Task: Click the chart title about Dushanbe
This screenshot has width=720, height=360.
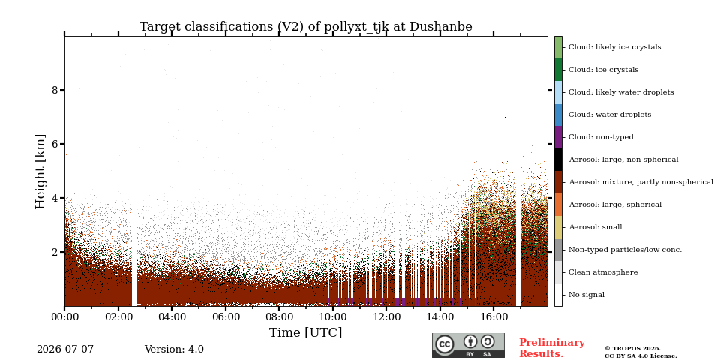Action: click(x=306, y=27)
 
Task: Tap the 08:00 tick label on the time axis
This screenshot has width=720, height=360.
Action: click(x=279, y=316)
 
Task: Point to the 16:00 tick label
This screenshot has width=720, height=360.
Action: click(x=493, y=316)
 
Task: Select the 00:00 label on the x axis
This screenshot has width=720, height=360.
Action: click(x=64, y=316)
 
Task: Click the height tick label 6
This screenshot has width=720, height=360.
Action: click(x=55, y=144)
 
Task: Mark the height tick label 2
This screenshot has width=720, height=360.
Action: click(x=55, y=252)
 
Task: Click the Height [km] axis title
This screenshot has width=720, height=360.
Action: click(x=40, y=172)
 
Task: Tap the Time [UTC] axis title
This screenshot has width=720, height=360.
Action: click(x=306, y=332)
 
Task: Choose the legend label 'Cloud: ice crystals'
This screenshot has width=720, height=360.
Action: click(x=603, y=70)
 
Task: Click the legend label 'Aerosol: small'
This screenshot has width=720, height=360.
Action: click(x=595, y=227)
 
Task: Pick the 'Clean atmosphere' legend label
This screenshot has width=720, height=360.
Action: click(x=603, y=272)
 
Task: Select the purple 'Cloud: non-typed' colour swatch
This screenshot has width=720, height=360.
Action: click(x=558, y=137)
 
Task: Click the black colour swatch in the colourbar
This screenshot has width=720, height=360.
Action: click(x=558, y=160)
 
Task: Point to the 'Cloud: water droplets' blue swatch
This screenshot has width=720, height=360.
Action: click(x=558, y=115)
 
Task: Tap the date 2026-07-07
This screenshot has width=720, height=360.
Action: click(x=65, y=349)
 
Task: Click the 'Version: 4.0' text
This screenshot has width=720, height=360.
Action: click(x=174, y=349)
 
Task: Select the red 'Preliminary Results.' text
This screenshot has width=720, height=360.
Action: click(x=552, y=348)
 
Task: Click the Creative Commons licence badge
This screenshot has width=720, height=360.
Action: click(x=468, y=345)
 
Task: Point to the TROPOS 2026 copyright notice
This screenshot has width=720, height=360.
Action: click(x=640, y=352)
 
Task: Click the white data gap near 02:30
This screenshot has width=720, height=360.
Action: click(x=134, y=257)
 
